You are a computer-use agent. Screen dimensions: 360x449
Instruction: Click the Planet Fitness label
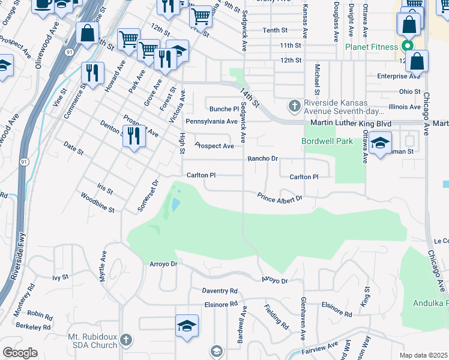coord(371,47)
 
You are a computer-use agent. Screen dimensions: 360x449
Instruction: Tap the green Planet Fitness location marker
coord(408,46)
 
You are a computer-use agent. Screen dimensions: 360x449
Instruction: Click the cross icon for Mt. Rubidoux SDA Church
coord(125,340)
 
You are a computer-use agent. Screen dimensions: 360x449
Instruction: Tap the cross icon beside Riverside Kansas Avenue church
coord(294,106)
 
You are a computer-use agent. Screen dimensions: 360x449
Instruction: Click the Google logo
coord(20,353)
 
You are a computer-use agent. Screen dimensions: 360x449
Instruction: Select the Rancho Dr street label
coord(263,159)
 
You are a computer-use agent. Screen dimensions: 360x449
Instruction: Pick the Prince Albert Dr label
coord(279,197)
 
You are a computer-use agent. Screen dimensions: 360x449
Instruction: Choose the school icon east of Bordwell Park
coord(380,143)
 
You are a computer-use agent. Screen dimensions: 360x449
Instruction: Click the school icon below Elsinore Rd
coord(187,326)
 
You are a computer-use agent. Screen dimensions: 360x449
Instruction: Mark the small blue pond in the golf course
coord(174,205)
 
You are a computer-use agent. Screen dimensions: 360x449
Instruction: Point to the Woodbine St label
coord(97,203)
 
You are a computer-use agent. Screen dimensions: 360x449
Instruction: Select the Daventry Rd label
coord(220,291)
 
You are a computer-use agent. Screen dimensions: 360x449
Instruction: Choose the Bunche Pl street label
coord(224,109)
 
